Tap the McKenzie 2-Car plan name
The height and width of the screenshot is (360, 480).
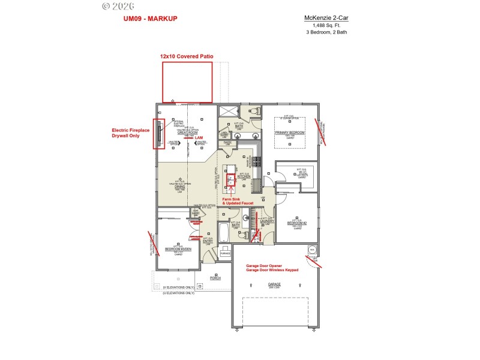tap(326, 18)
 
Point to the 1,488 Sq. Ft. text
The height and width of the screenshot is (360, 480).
tap(326, 25)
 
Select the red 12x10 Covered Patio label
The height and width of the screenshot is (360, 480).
tap(187, 56)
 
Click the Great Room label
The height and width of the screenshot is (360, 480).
tap(187, 132)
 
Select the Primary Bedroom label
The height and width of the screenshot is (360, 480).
tap(290, 132)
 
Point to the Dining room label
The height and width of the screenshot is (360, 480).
tap(179, 187)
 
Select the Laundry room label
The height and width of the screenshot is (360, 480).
tap(267, 221)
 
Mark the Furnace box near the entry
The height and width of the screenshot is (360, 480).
tap(225, 253)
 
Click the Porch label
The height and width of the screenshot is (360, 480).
tap(215, 278)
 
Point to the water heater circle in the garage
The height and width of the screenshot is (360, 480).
tap(311, 250)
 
